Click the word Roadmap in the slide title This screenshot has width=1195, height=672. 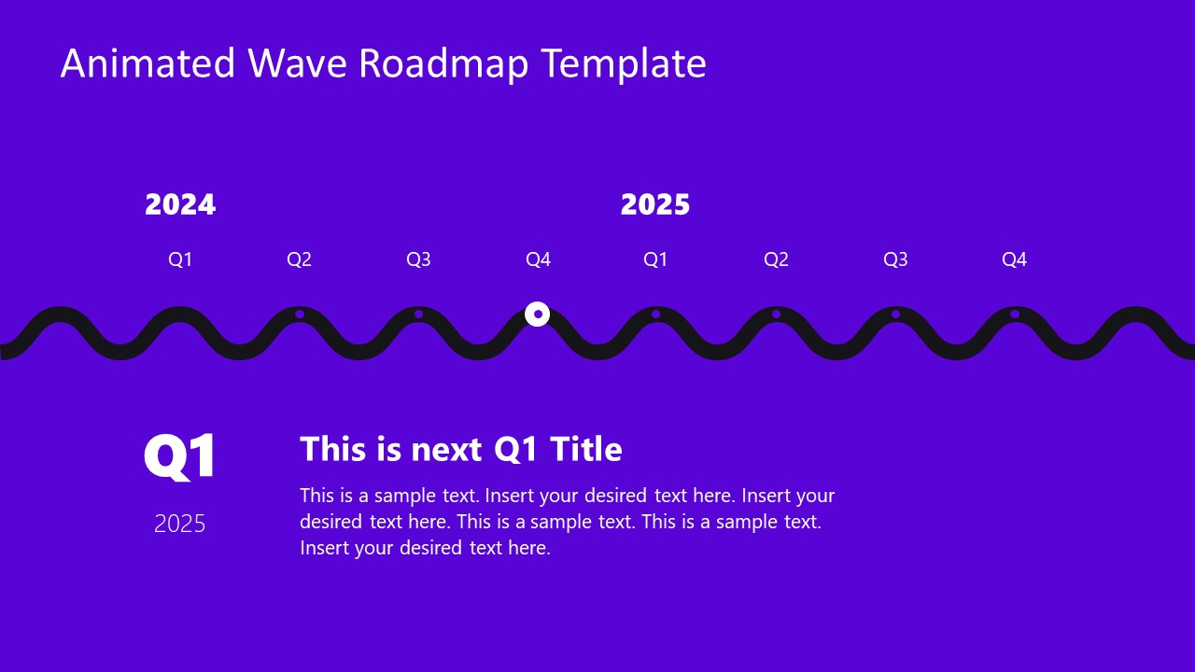tap(443, 63)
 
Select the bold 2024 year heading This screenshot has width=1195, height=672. tap(180, 204)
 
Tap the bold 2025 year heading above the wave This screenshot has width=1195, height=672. tap(655, 204)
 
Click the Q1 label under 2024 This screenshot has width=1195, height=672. tap(180, 259)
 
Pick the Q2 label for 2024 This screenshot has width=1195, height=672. tap(299, 259)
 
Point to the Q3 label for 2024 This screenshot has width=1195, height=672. tap(418, 259)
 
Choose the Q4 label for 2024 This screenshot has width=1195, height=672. tap(538, 259)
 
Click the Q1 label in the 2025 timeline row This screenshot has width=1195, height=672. tap(655, 259)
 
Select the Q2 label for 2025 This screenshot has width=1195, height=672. tap(776, 259)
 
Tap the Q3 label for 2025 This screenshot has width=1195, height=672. tap(895, 259)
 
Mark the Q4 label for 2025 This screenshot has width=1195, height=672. tap(1014, 259)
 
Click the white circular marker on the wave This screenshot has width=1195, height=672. tap(537, 314)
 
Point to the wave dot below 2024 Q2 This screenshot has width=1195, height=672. tap(300, 314)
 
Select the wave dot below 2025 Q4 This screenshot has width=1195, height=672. tap(1015, 314)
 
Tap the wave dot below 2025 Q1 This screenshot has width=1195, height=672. tap(656, 314)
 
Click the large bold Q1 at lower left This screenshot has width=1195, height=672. tap(180, 456)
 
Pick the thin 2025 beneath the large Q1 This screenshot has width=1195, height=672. tap(180, 524)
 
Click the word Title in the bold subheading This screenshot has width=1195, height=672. tap(585, 449)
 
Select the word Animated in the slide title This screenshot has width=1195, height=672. tap(148, 63)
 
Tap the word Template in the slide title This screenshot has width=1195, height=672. tap(624, 63)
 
